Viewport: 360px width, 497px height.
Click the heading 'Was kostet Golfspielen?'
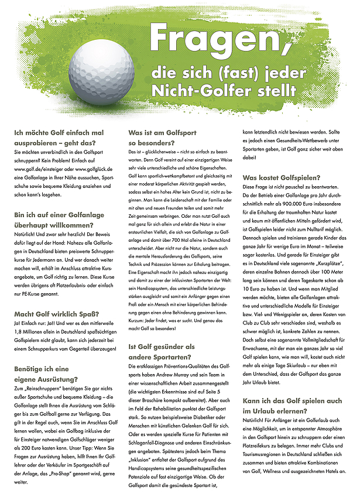coord(282,177)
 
